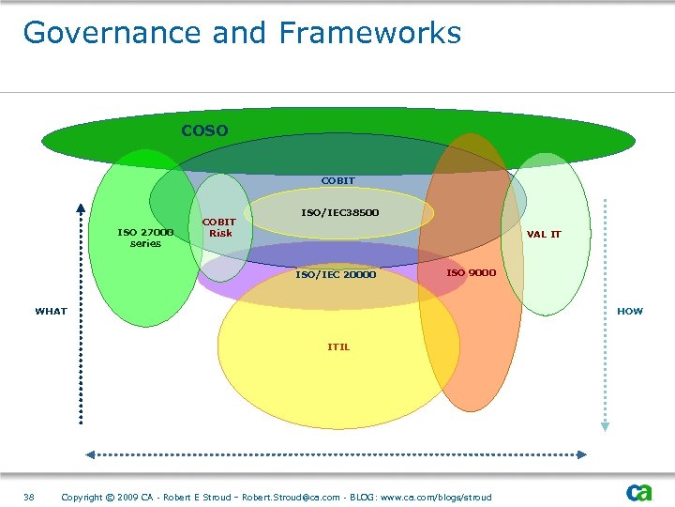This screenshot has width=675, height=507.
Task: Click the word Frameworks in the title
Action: [370, 33]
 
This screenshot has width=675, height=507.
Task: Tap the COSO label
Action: [204, 131]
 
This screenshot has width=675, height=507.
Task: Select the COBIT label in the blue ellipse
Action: [337, 180]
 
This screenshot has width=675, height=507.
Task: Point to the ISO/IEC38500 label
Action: [339, 212]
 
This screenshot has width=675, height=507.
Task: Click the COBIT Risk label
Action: [220, 228]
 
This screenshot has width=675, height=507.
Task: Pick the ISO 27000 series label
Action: [145, 238]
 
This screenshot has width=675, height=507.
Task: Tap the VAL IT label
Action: [544, 234]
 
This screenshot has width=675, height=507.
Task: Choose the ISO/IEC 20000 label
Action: [336, 274]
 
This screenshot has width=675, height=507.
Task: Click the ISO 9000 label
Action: [471, 272]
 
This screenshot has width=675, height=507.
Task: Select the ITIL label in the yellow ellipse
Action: [338, 346]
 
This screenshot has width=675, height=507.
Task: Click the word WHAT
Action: [52, 311]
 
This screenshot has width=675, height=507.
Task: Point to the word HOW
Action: [630, 311]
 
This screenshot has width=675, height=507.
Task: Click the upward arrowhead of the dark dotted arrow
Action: [81, 208]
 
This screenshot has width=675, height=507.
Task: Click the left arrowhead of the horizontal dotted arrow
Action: [91, 454]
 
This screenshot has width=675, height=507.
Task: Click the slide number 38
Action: [29, 497]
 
